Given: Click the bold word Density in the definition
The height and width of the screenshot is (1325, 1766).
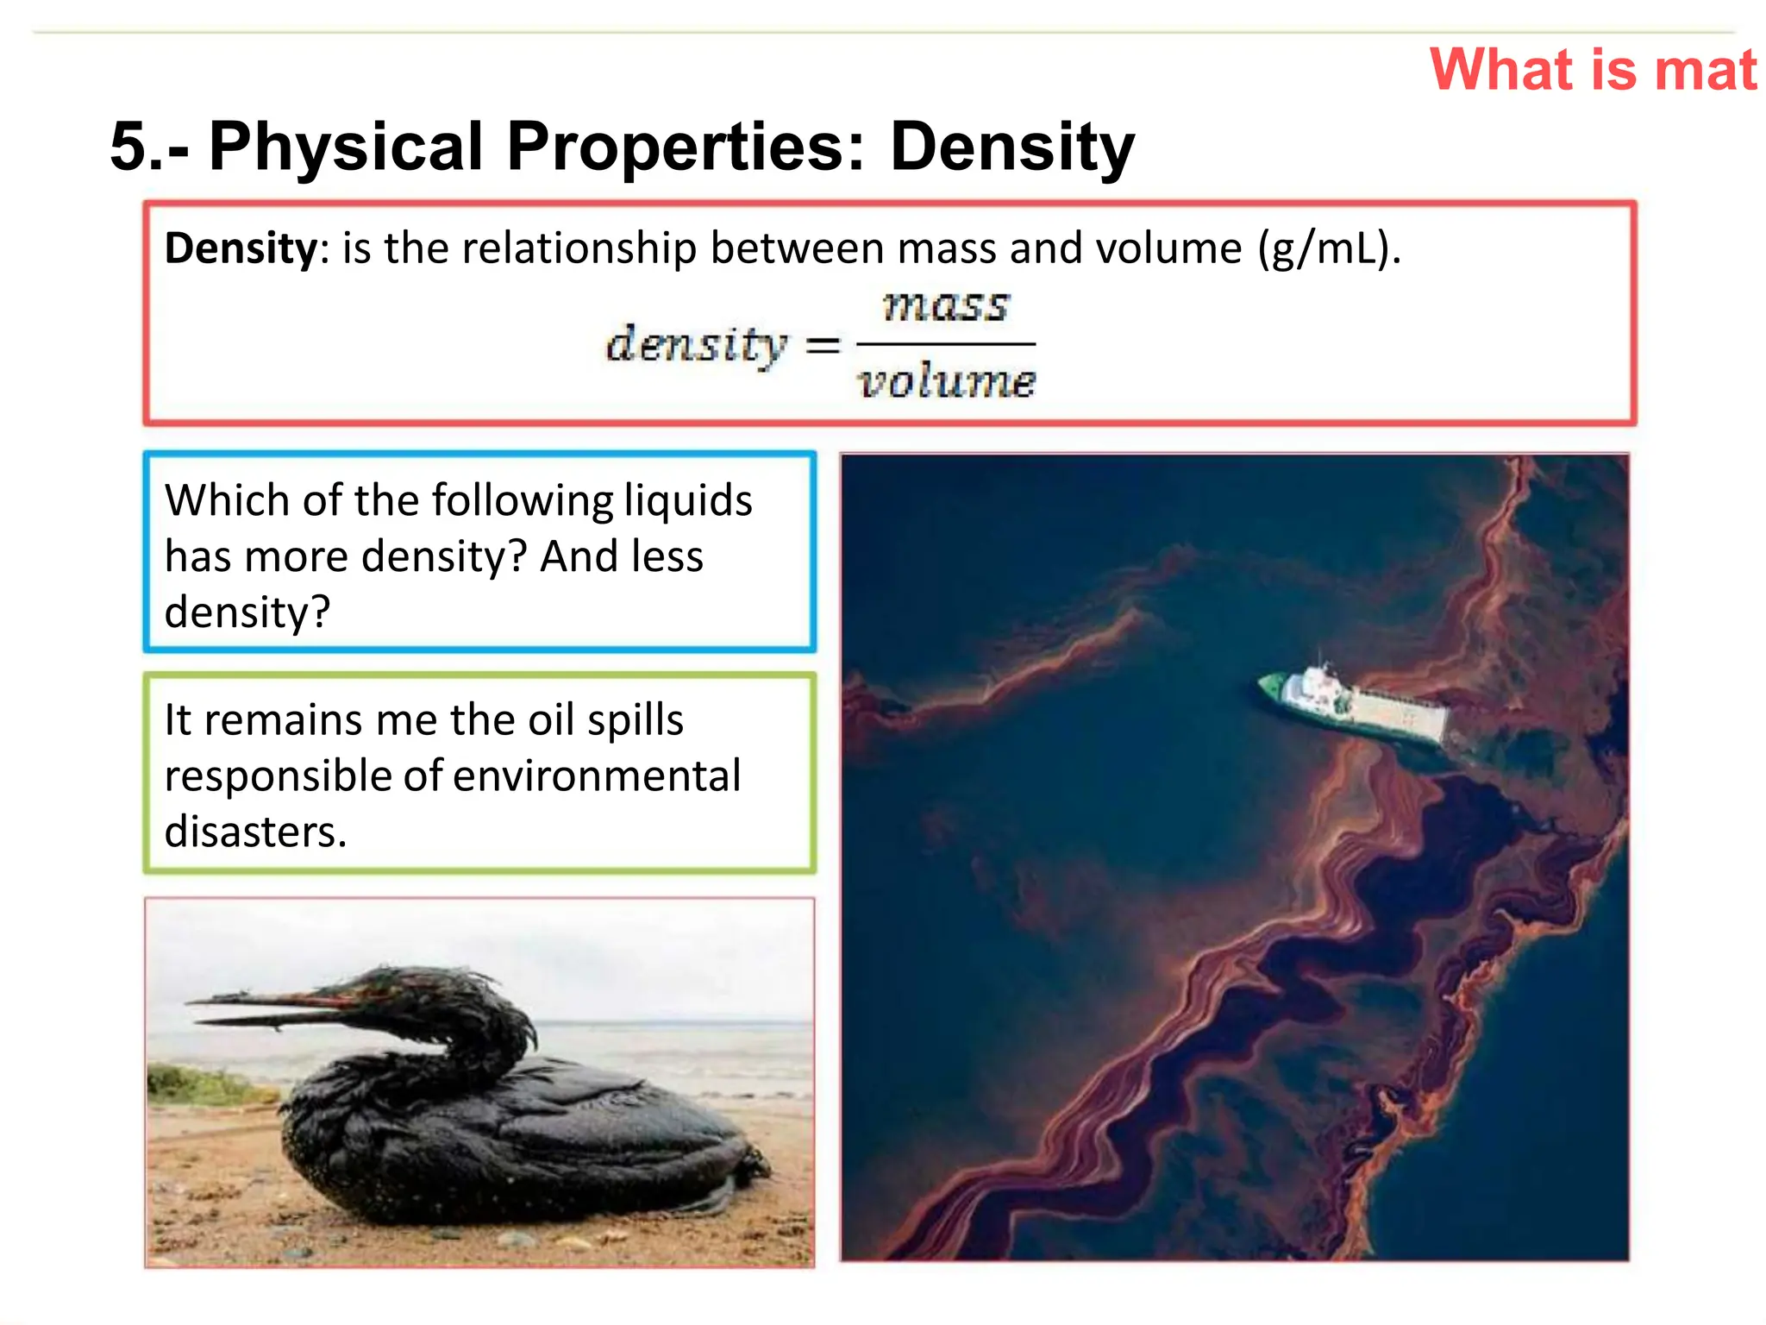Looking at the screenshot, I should (241, 249).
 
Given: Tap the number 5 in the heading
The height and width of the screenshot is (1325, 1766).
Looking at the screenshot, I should (128, 147).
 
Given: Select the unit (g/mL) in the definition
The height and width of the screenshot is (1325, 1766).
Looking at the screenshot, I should (1328, 249).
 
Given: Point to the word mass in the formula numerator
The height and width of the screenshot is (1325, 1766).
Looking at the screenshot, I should (945, 307).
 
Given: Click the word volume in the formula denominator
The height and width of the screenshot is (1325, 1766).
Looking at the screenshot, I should (946, 381).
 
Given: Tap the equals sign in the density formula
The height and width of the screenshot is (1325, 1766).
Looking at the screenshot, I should (822, 347).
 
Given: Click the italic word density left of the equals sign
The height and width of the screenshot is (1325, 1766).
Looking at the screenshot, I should (697, 345).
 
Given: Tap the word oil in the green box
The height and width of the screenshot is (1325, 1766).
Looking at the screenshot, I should (550, 720).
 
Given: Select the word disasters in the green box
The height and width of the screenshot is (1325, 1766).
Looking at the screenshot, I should (254, 832).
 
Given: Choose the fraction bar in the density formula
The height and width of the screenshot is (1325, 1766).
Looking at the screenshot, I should (945, 344).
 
